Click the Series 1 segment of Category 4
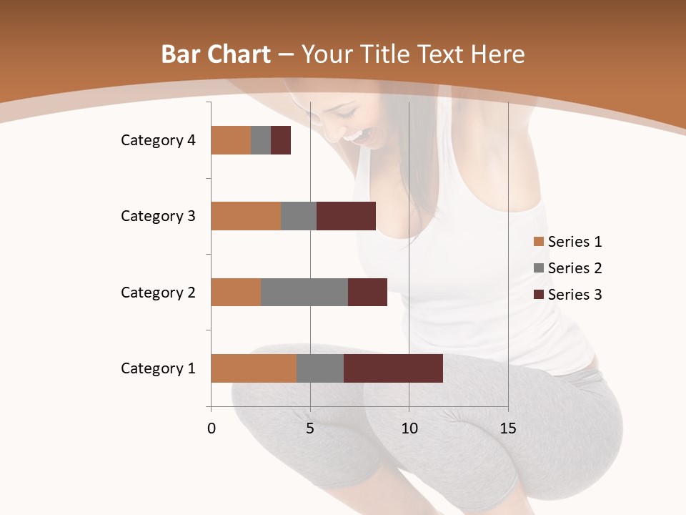point(231,140)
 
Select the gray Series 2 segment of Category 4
point(261,140)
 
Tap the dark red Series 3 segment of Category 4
point(281,140)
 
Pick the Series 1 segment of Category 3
point(246,216)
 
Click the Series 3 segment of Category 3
point(346,216)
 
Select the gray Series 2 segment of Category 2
point(304,292)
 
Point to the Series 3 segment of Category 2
point(367,292)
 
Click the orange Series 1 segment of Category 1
point(254,368)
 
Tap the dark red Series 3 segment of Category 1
point(393,368)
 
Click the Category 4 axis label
point(158,140)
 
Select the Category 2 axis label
point(158,293)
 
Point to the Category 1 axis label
point(158,368)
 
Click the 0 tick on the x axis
point(212,428)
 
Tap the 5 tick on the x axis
point(310,428)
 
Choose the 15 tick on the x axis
point(507,428)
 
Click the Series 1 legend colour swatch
point(539,242)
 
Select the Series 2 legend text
point(575,268)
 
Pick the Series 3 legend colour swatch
point(539,295)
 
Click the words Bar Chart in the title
point(216,54)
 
